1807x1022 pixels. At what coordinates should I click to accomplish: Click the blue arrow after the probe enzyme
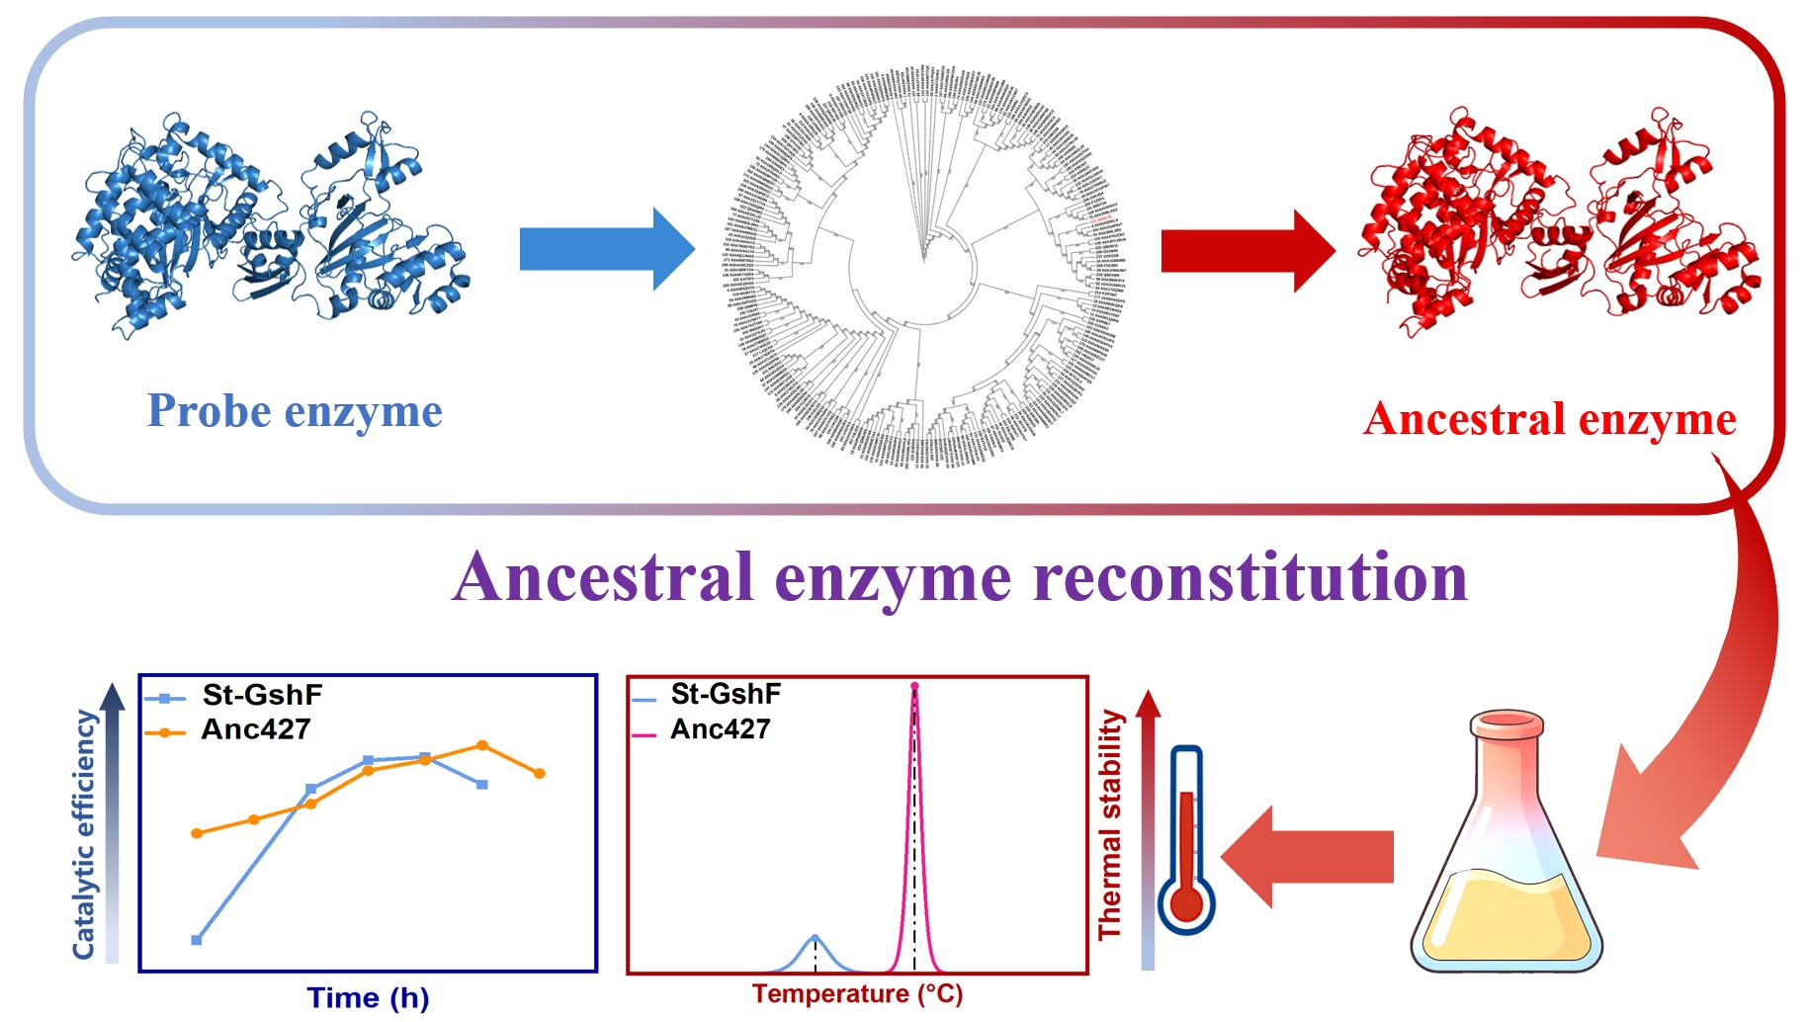(x=605, y=249)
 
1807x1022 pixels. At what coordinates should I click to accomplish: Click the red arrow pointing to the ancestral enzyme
(x=1247, y=250)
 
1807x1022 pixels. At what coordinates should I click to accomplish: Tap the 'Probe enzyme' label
(x=295, y=411)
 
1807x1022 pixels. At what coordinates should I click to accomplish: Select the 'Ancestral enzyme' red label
(x=1549, y=419)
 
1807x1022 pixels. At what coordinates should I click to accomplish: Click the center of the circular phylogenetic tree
(x=924, y=262)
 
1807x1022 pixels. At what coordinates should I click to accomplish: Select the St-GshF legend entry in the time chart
(x=261, y=695)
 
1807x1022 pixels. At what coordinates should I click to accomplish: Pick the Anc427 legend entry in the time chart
(x=255, y=730)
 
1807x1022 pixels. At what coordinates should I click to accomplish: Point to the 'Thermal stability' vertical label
(x=1111, y=825)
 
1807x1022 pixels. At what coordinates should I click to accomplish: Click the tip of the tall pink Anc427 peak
(x=914, y=686)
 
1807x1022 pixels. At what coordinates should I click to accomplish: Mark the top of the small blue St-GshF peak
(x=815, y=936)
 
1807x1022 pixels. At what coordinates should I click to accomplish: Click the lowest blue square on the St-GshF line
(x=197, y=940)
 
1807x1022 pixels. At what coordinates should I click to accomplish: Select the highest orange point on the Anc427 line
(x=482, y=745)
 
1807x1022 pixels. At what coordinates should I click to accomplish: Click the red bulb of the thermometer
(x=1186, y=903)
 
